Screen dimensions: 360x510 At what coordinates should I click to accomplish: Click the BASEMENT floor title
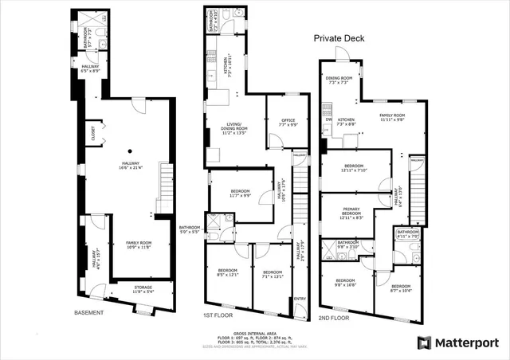tap(88, 313)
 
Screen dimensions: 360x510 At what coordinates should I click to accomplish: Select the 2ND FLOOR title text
tap(335, 318)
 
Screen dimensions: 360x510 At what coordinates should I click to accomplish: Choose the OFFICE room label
tap(288, 123)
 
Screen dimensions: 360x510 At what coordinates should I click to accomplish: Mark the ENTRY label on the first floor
tap(300, 299)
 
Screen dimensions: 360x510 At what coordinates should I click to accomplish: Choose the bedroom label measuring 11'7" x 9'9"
tap(240, 194)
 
